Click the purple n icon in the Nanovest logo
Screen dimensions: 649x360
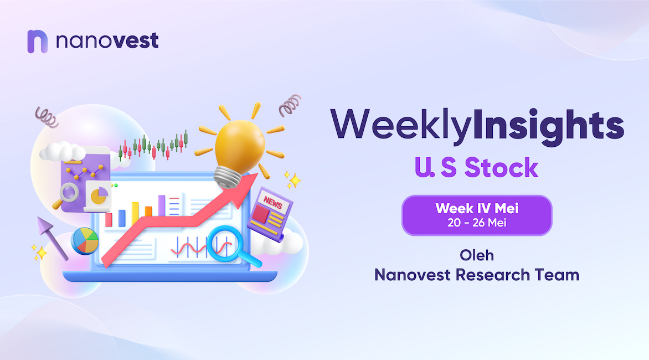point(37,42)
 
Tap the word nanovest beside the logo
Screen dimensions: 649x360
point(107,40)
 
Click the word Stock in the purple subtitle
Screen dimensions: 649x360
point(501,168)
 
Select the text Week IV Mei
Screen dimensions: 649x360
point(477,208)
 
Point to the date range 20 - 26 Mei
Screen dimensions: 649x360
point(477,223)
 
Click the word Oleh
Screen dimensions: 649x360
point(477,255)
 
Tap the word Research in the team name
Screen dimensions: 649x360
point(492,275)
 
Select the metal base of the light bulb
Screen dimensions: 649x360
point(227,178)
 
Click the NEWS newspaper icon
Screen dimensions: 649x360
point(270,214)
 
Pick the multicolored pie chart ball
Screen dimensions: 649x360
point(85,241)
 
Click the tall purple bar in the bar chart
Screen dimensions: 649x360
point(162,205)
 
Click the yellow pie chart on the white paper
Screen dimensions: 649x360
point(99,195)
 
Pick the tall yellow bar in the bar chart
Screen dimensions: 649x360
point(135,214)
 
